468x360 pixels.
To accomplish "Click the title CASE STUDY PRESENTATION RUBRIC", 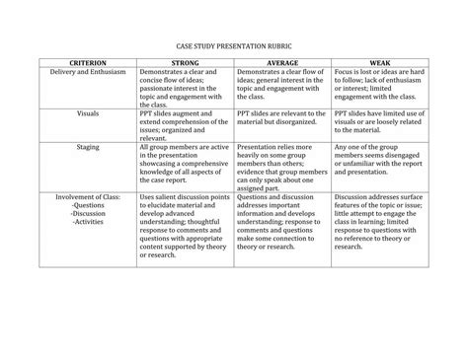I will (234, 46).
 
